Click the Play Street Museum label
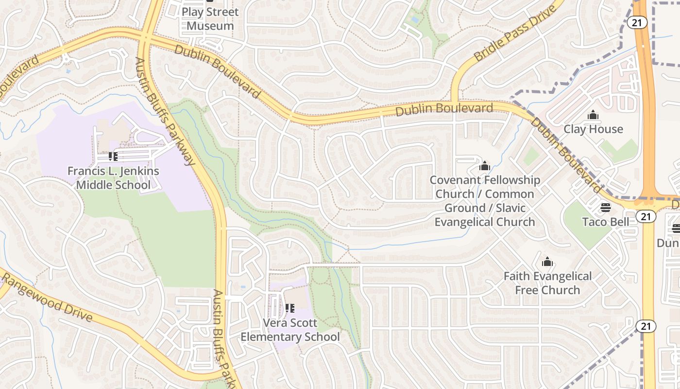(210, 19)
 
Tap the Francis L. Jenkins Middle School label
(113, 178)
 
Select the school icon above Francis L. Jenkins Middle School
(113, 157)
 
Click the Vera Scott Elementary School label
(290, 330)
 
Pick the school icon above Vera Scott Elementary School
(290, 308)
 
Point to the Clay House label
(593, 129)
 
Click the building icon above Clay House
(593, 115)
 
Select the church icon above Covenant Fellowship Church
(484, 166)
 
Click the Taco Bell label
(606, 222)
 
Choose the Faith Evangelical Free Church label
(547, 283)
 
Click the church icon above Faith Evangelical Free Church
(547, 262)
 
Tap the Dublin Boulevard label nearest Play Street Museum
(217, 71)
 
